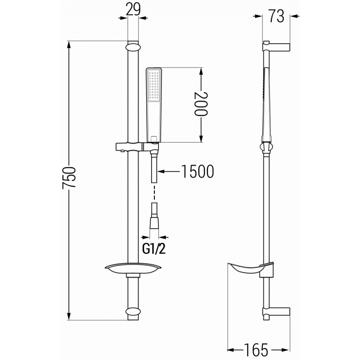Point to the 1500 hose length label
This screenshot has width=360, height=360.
pyautogui.click(x=196, y=171)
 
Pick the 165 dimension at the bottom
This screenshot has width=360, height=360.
pyautogui.click(x=257, y=349)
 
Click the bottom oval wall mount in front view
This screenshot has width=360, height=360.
pyautogui.click(x=133, y=311)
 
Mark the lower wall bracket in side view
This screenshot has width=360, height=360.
pyautogui.click(x=277, y=311)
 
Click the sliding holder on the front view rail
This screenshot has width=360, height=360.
pyautogui.click(x=135, y=147)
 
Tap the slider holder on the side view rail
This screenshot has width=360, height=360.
pyautogui.click(x=266, y=147)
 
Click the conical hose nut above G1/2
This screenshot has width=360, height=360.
pyautogui.click(x=154, y=223)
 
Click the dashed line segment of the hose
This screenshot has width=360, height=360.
pyautogui.click(x=154, y=193)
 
